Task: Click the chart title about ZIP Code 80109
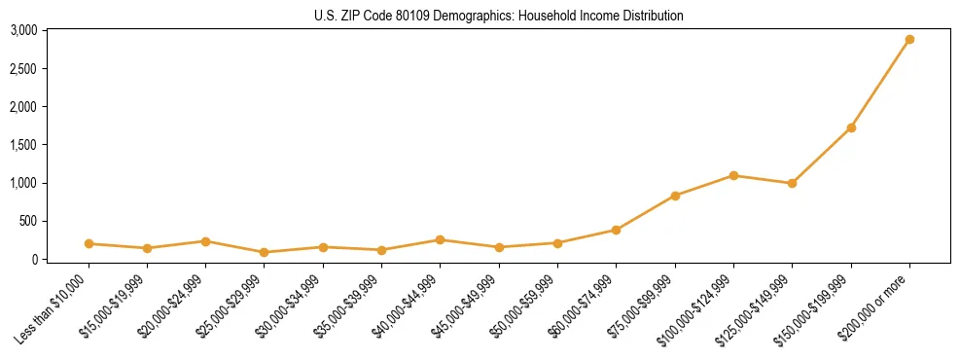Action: [499, 16]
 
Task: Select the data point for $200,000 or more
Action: [909, 40]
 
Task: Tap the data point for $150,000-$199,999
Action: [851, 127]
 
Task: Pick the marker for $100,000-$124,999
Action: [733, 175]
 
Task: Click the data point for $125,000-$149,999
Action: [792, 183]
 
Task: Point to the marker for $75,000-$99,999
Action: [675, 196]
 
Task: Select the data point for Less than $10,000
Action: [89, 243]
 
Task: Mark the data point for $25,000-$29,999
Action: [265, 252]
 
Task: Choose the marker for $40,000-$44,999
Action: [440, 239]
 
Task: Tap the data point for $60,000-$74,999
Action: [616, 230]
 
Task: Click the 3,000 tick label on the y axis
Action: [23, 31]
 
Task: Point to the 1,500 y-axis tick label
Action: [23, 145]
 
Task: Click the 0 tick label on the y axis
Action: [33, 259]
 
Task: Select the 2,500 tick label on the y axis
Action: [23, 69]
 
